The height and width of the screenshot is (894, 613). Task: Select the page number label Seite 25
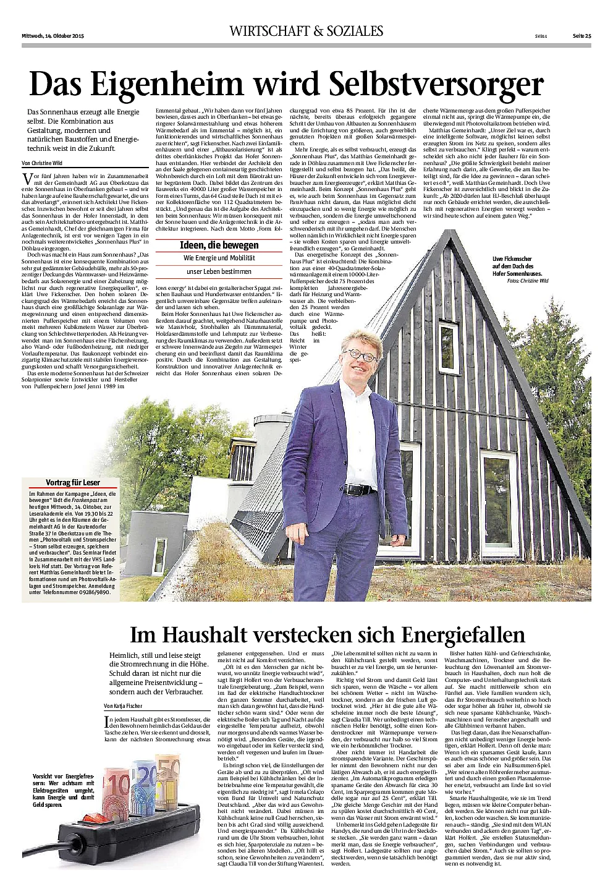(581, 35)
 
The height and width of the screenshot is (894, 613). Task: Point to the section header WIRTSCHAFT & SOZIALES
(306, 31)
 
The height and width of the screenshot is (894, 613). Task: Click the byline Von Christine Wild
(42, 163)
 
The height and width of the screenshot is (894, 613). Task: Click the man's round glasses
(361, 354)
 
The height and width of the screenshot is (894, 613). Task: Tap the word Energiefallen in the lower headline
(455, 634)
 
